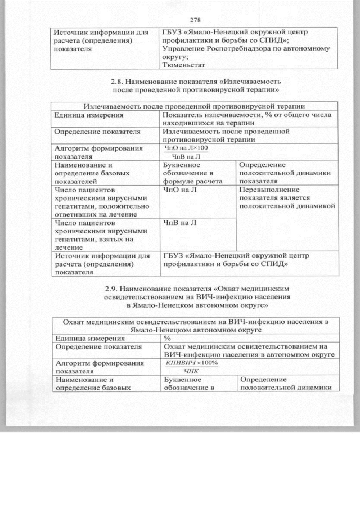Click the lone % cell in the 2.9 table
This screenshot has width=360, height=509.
pyautogui.click(x=167, y=338)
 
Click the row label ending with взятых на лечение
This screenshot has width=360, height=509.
pyautogui.click(x=96, y=235)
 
